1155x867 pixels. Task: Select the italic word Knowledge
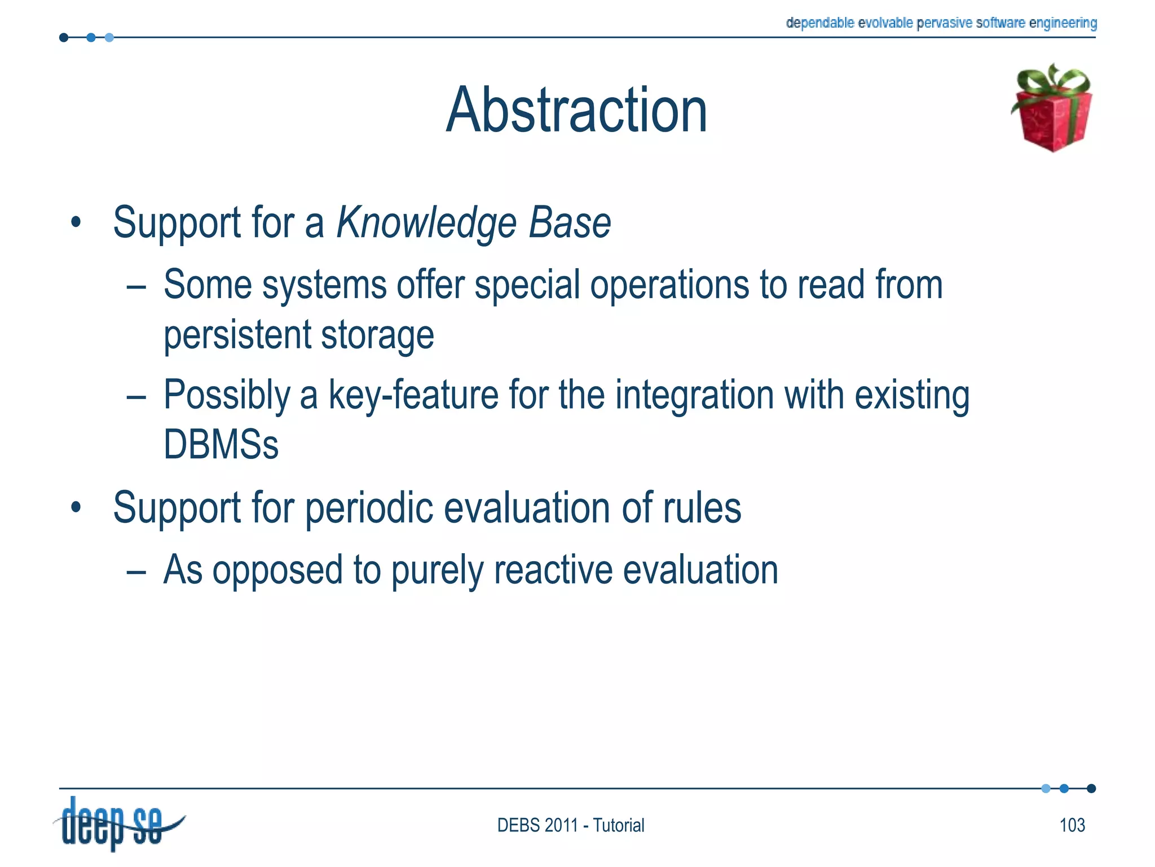coord(426,224)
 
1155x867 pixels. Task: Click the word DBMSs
coord(221,445)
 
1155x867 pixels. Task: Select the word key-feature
coord(413,395)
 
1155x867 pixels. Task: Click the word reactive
coord(553,570)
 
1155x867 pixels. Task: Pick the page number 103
coord(1072,825)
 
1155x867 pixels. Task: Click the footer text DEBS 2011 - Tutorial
coord(571,825)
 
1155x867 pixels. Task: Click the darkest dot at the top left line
coord(64,38)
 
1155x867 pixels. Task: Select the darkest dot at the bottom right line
coord(1091,789)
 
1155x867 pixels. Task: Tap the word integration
coord(694,395)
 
